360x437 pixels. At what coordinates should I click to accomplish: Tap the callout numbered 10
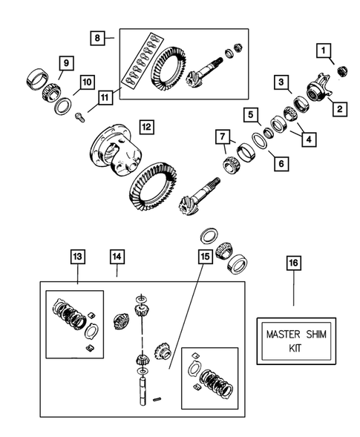pyautogui.click(x=86, y=81)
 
